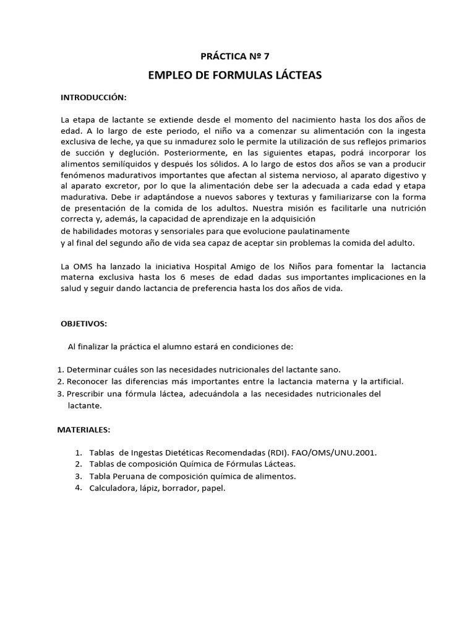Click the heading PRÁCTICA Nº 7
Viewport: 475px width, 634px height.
[x=236, y=56]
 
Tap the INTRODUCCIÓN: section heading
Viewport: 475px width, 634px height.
[x=93, y=98]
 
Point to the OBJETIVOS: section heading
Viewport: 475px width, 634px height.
[x=84, y=324]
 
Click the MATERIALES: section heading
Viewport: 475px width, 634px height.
[x=83, y=428]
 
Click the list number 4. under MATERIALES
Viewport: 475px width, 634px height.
[x=79, y=488]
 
